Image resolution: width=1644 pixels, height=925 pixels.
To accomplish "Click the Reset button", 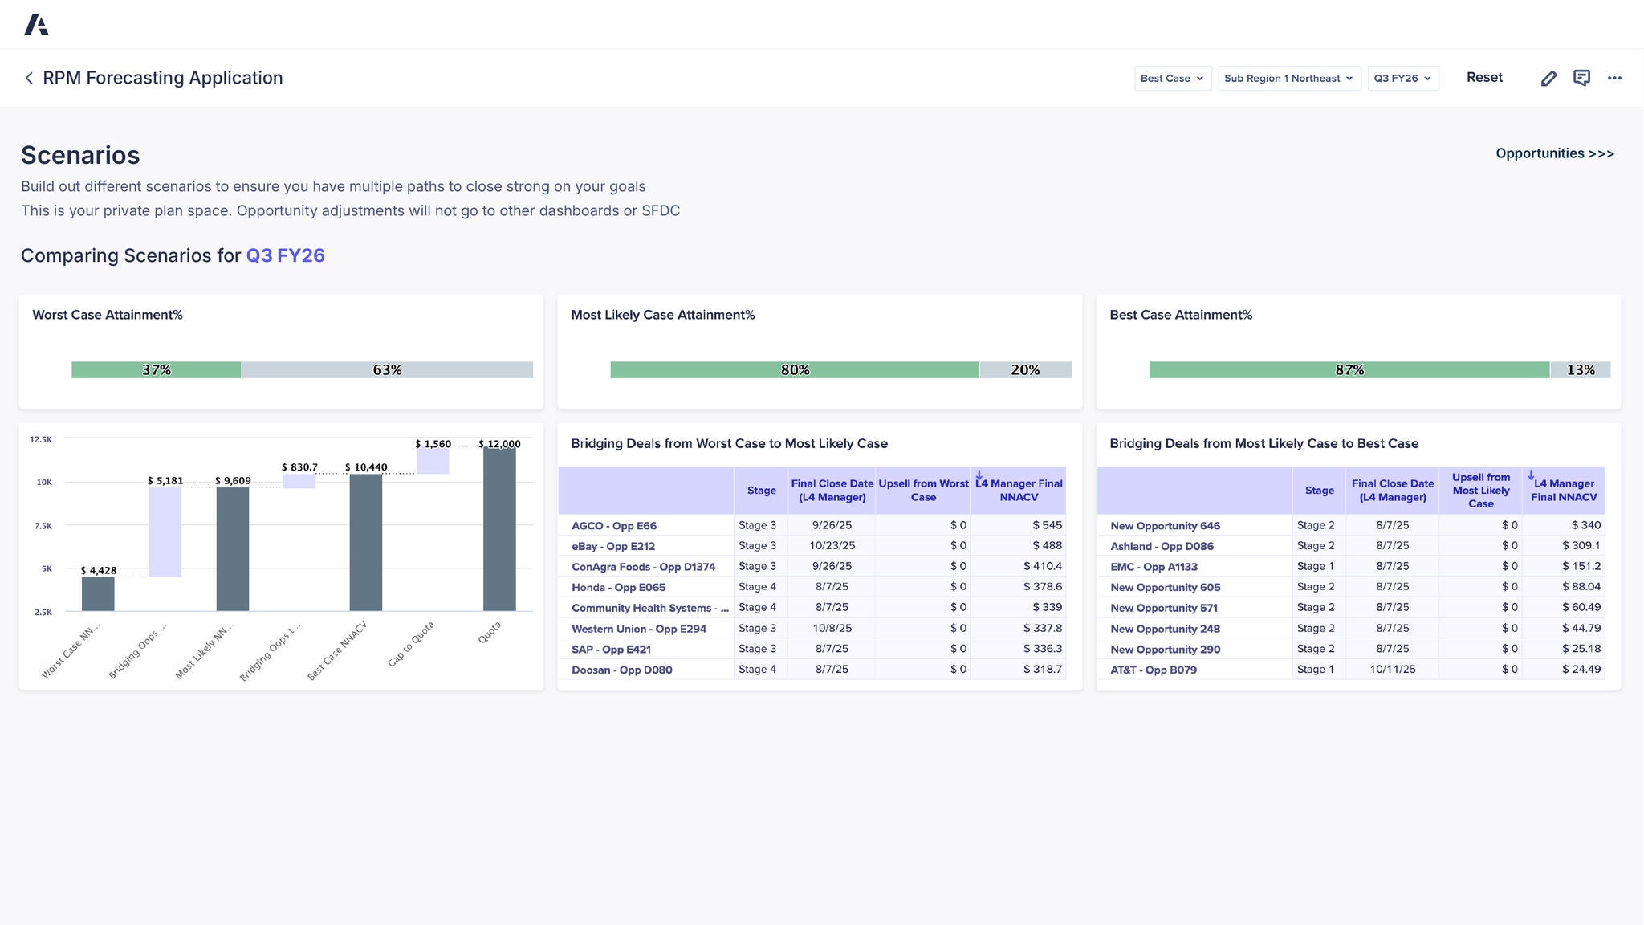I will (x=1483, y=78).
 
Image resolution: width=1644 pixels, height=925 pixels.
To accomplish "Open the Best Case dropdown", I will (x=1172, y=79).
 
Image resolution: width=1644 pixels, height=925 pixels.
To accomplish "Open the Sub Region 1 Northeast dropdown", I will (x=1288, y=79).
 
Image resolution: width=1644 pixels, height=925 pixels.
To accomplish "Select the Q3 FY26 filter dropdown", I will (x=1402, y=79).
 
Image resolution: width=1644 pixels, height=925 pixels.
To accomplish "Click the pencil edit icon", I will (x=1548, y=78).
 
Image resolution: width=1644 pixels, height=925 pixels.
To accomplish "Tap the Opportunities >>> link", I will (x=1554, y=153).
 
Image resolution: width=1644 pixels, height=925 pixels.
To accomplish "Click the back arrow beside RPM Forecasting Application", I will (x=29, y=78).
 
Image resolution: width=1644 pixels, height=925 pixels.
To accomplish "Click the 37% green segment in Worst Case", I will (x=157, y=370).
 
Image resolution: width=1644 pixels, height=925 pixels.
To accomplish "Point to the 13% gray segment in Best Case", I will (x=1580, y=370).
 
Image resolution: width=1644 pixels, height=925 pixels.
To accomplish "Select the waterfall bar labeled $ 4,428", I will (x=98, y=594).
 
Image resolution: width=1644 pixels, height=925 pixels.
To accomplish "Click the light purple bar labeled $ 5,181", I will (x=165, y=532).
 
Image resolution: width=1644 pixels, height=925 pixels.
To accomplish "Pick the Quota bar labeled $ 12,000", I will (x=499, y=530).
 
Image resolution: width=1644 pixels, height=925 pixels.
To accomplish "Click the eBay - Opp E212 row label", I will (x=612, y=546).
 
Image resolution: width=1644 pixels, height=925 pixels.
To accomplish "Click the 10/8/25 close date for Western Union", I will (x=832, y=628).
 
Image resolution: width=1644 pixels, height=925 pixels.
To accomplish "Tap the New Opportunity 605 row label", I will (x=1165, y=587).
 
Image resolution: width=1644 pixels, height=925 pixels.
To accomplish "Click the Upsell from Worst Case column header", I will (x=922, y=491).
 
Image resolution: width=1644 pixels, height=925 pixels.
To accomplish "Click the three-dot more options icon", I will (x=1614, y=78).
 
